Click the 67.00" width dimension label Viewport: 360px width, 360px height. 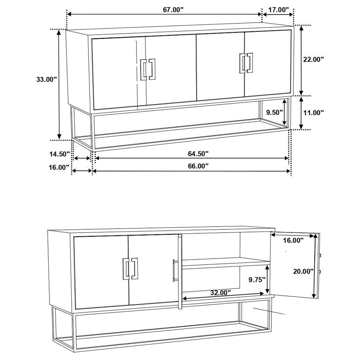[173, 10]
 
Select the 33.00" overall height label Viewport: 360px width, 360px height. [46, 79]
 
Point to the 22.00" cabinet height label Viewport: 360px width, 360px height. [313, 59]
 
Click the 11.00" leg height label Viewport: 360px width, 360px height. [313, 113]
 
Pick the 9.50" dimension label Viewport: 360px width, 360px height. [275, 113]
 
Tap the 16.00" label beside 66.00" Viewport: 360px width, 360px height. [59, 167]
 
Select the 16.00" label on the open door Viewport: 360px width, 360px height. [293, 240]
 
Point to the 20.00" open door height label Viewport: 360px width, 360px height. [303, 271]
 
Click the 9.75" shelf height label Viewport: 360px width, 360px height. [256, 280]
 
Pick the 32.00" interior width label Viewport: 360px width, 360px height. [221, 292]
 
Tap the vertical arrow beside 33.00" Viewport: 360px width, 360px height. [59, 84]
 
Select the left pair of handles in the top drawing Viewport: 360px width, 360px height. [148, 70]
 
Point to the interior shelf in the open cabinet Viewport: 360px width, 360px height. [226, 263]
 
